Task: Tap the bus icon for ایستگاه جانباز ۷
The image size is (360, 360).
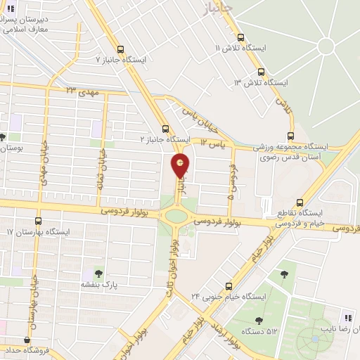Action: pyautogui.click(x=122, y=50)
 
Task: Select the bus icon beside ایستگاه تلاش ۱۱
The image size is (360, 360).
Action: pyautogui.click(x=240, y=37)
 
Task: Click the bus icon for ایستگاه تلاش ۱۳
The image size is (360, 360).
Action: pyautogui.click(x=262, y=72)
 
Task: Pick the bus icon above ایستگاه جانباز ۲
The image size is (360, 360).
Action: pyautogui.click(x=165, y=129)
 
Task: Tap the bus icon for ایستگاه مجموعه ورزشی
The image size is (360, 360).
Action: pyautogui.click(x=290, y=137)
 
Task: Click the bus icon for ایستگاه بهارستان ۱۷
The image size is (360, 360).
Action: pyautogui.click(x=38, y=221)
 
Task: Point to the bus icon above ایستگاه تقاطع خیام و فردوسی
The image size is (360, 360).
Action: pyautogui.click(x=301, y=202)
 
